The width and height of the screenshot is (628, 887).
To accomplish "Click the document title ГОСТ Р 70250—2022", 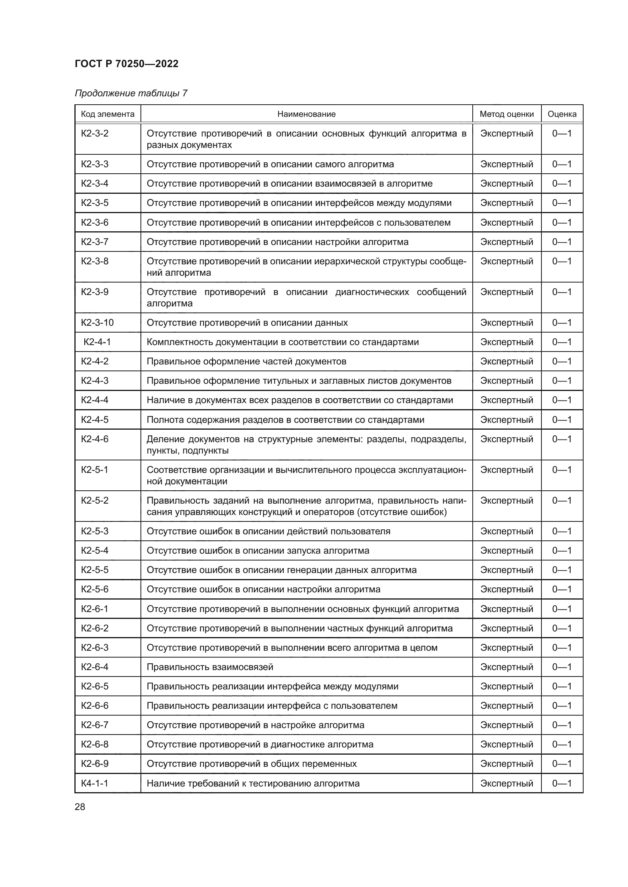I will (126, 64).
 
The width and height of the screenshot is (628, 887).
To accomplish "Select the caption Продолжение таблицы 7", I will (131, 93).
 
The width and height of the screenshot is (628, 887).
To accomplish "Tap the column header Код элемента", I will (107, 114).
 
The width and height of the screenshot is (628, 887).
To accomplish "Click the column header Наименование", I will (306, 114).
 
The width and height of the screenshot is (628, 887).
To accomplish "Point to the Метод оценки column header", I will (507, 114).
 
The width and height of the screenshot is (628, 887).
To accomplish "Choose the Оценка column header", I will (562, 114).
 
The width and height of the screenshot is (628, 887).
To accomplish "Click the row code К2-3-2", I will (95, 133).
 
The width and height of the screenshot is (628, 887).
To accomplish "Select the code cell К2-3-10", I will (97, 323).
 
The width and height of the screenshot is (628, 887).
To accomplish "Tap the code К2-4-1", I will (97, 342).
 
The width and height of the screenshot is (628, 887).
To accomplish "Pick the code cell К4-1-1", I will (95, 783).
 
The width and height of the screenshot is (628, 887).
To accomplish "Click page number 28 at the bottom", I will (80, 807).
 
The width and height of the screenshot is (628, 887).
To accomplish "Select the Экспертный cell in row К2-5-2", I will (507, 500).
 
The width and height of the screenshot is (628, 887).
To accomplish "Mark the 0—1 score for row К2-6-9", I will (562, 763).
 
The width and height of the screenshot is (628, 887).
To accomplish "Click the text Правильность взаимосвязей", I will (210, 667).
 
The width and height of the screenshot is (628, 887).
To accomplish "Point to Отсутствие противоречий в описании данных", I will (247, 323).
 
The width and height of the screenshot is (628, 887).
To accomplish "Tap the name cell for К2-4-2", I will (246, 361).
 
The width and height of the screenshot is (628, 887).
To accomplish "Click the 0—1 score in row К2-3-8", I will (562, 261).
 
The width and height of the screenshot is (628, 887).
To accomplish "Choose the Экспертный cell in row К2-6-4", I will (507, 667).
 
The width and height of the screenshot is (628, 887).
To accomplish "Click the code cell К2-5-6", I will (95, 589).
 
